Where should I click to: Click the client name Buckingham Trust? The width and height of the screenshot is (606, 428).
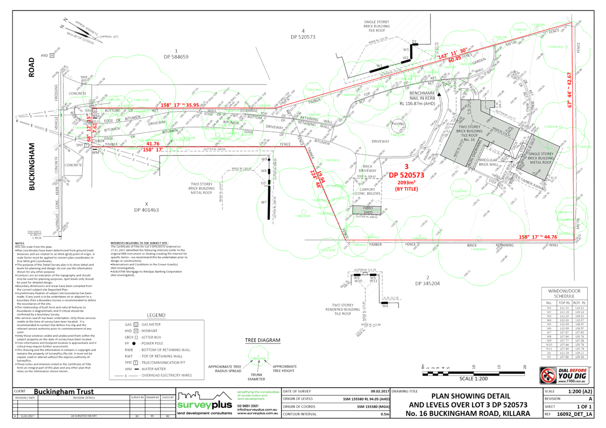click(64, 392)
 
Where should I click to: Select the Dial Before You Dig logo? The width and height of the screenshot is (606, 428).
click(564, 375)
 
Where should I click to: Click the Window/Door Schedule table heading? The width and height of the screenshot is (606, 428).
click(564, 293)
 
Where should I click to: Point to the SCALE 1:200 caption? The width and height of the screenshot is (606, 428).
click(473, 378)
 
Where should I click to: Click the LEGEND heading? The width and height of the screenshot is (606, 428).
click(156, 316)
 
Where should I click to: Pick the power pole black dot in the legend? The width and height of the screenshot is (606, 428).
click(134, 343)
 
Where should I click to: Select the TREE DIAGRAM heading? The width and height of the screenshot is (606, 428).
click(263, 340)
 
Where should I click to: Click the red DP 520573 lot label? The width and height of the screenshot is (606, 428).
click(406, 175)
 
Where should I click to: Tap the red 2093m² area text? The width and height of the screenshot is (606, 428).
click(406, 182)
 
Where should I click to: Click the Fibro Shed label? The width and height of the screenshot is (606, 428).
click(368, 210)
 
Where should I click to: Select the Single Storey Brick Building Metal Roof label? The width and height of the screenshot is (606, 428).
click(540, 158)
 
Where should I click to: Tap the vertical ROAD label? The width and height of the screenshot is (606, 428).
click(31, 67)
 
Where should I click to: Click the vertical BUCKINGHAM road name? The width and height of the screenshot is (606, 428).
click(32, 166)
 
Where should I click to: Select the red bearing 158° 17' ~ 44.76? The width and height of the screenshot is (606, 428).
click(538, 237)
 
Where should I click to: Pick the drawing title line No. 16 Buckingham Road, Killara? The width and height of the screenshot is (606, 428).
click(468, 413)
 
